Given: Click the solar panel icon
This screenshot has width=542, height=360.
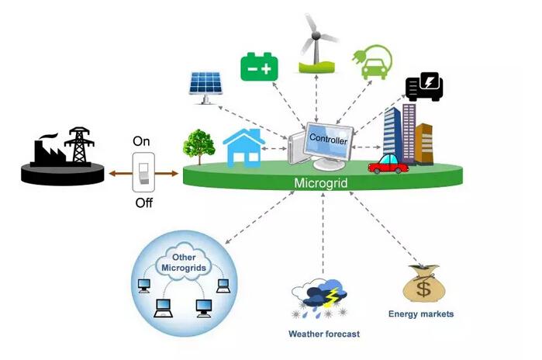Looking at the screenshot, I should click(x=205, y=85).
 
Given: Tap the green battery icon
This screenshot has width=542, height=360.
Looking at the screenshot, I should click(x=259, y=67).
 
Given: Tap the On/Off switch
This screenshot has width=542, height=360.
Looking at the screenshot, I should click(x=144, y=171).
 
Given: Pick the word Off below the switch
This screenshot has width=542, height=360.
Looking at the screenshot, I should click(x=143, y=203).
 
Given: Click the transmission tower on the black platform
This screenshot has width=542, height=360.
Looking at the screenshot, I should click(x=79, y=144).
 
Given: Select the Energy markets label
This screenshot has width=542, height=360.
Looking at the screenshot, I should click(x=421, y=314).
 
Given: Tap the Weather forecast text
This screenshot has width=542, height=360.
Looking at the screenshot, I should click(x=324, y=334).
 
